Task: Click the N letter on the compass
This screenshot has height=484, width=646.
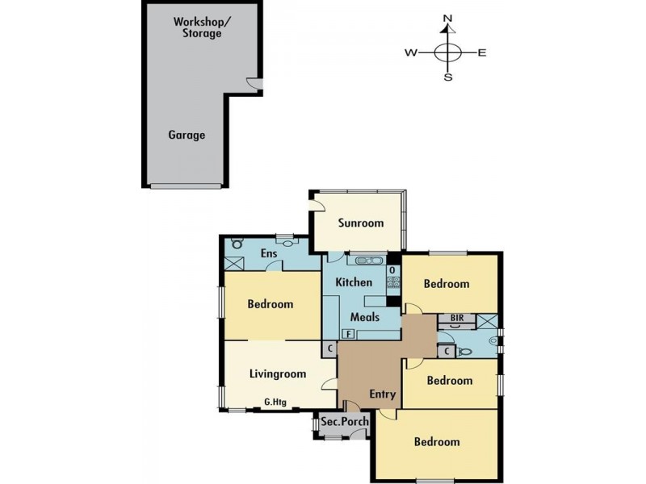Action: pyautogui.click(x=448, y=18)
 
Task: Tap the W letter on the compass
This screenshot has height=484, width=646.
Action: pyautogui.click(x=410, y=53)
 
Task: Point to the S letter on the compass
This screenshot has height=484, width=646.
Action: pyautogui.click(x=448, y=78)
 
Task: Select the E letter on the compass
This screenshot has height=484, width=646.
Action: pyautogui.click(x=482, y=53)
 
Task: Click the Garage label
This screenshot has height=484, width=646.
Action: pyautogui.click(x=187, y=136)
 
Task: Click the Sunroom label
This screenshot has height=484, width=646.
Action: pyautogui.click(x=361, y=223)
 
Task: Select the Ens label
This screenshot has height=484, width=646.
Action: pyautogui.click(x=269, y=254)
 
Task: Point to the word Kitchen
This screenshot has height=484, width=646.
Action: pyautogui.click(x=354, y=282)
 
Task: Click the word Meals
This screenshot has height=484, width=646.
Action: pyautogui.click(x=364, y=317)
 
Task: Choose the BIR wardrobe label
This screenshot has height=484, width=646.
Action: pyautogui.click(x=457, y=318)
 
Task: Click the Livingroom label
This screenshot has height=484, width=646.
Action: pyautogui.click(x=278, y=374)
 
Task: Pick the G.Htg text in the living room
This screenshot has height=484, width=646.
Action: pyautogui.click(x=276, y=402)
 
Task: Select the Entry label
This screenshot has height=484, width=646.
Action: pyautogui.click(x=383, y=394)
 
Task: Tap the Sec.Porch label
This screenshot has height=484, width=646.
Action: pyautogui.click(x=345, y=423)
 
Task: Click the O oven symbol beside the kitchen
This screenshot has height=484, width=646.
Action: pyautogui.click(x=392, y=269)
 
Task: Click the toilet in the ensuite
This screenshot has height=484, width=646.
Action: pyautogui.click(x=237, y=242)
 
